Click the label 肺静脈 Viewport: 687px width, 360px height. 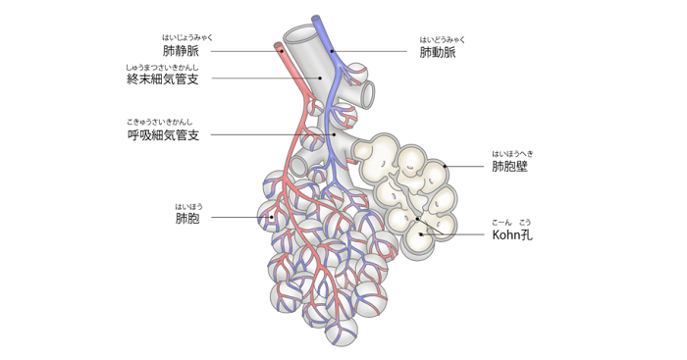[x=181, y=49]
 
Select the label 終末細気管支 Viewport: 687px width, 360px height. [x=163, y=78]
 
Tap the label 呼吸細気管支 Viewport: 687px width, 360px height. [x=163, y=134]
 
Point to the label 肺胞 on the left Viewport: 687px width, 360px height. [x=187, y=218]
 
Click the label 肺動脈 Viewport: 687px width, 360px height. [x=437, y=52]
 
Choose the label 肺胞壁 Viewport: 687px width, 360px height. [x=510, y=167]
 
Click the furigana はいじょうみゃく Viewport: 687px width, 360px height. [x=181, y=36]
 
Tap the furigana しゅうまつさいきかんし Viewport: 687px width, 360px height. [x=163, y=66]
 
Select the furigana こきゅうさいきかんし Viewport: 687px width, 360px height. [x=163, y=122]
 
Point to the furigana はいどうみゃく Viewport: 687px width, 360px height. [x=438, y=39]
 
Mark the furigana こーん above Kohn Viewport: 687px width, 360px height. [x=502, y=223]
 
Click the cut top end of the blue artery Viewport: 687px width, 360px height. [x=317, y=20]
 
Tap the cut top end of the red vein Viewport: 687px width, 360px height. [x=279, y=45]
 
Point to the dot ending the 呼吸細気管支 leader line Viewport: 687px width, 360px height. [x=335, y=134]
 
